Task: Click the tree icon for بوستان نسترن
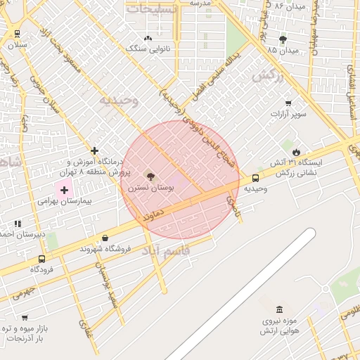coord(150,174)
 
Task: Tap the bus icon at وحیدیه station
coord(255,178)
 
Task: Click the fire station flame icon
coord(296,152)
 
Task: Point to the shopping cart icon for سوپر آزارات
coord(288,103)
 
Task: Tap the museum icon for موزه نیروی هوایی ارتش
coord(280,309)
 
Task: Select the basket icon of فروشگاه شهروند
coord(105,238)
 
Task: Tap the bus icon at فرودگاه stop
coord(42,258)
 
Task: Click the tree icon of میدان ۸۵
coord(283,39)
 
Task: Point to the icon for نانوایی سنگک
coord(148,38)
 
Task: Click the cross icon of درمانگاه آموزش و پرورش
coord(94,150)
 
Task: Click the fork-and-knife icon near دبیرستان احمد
coord(18,224)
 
